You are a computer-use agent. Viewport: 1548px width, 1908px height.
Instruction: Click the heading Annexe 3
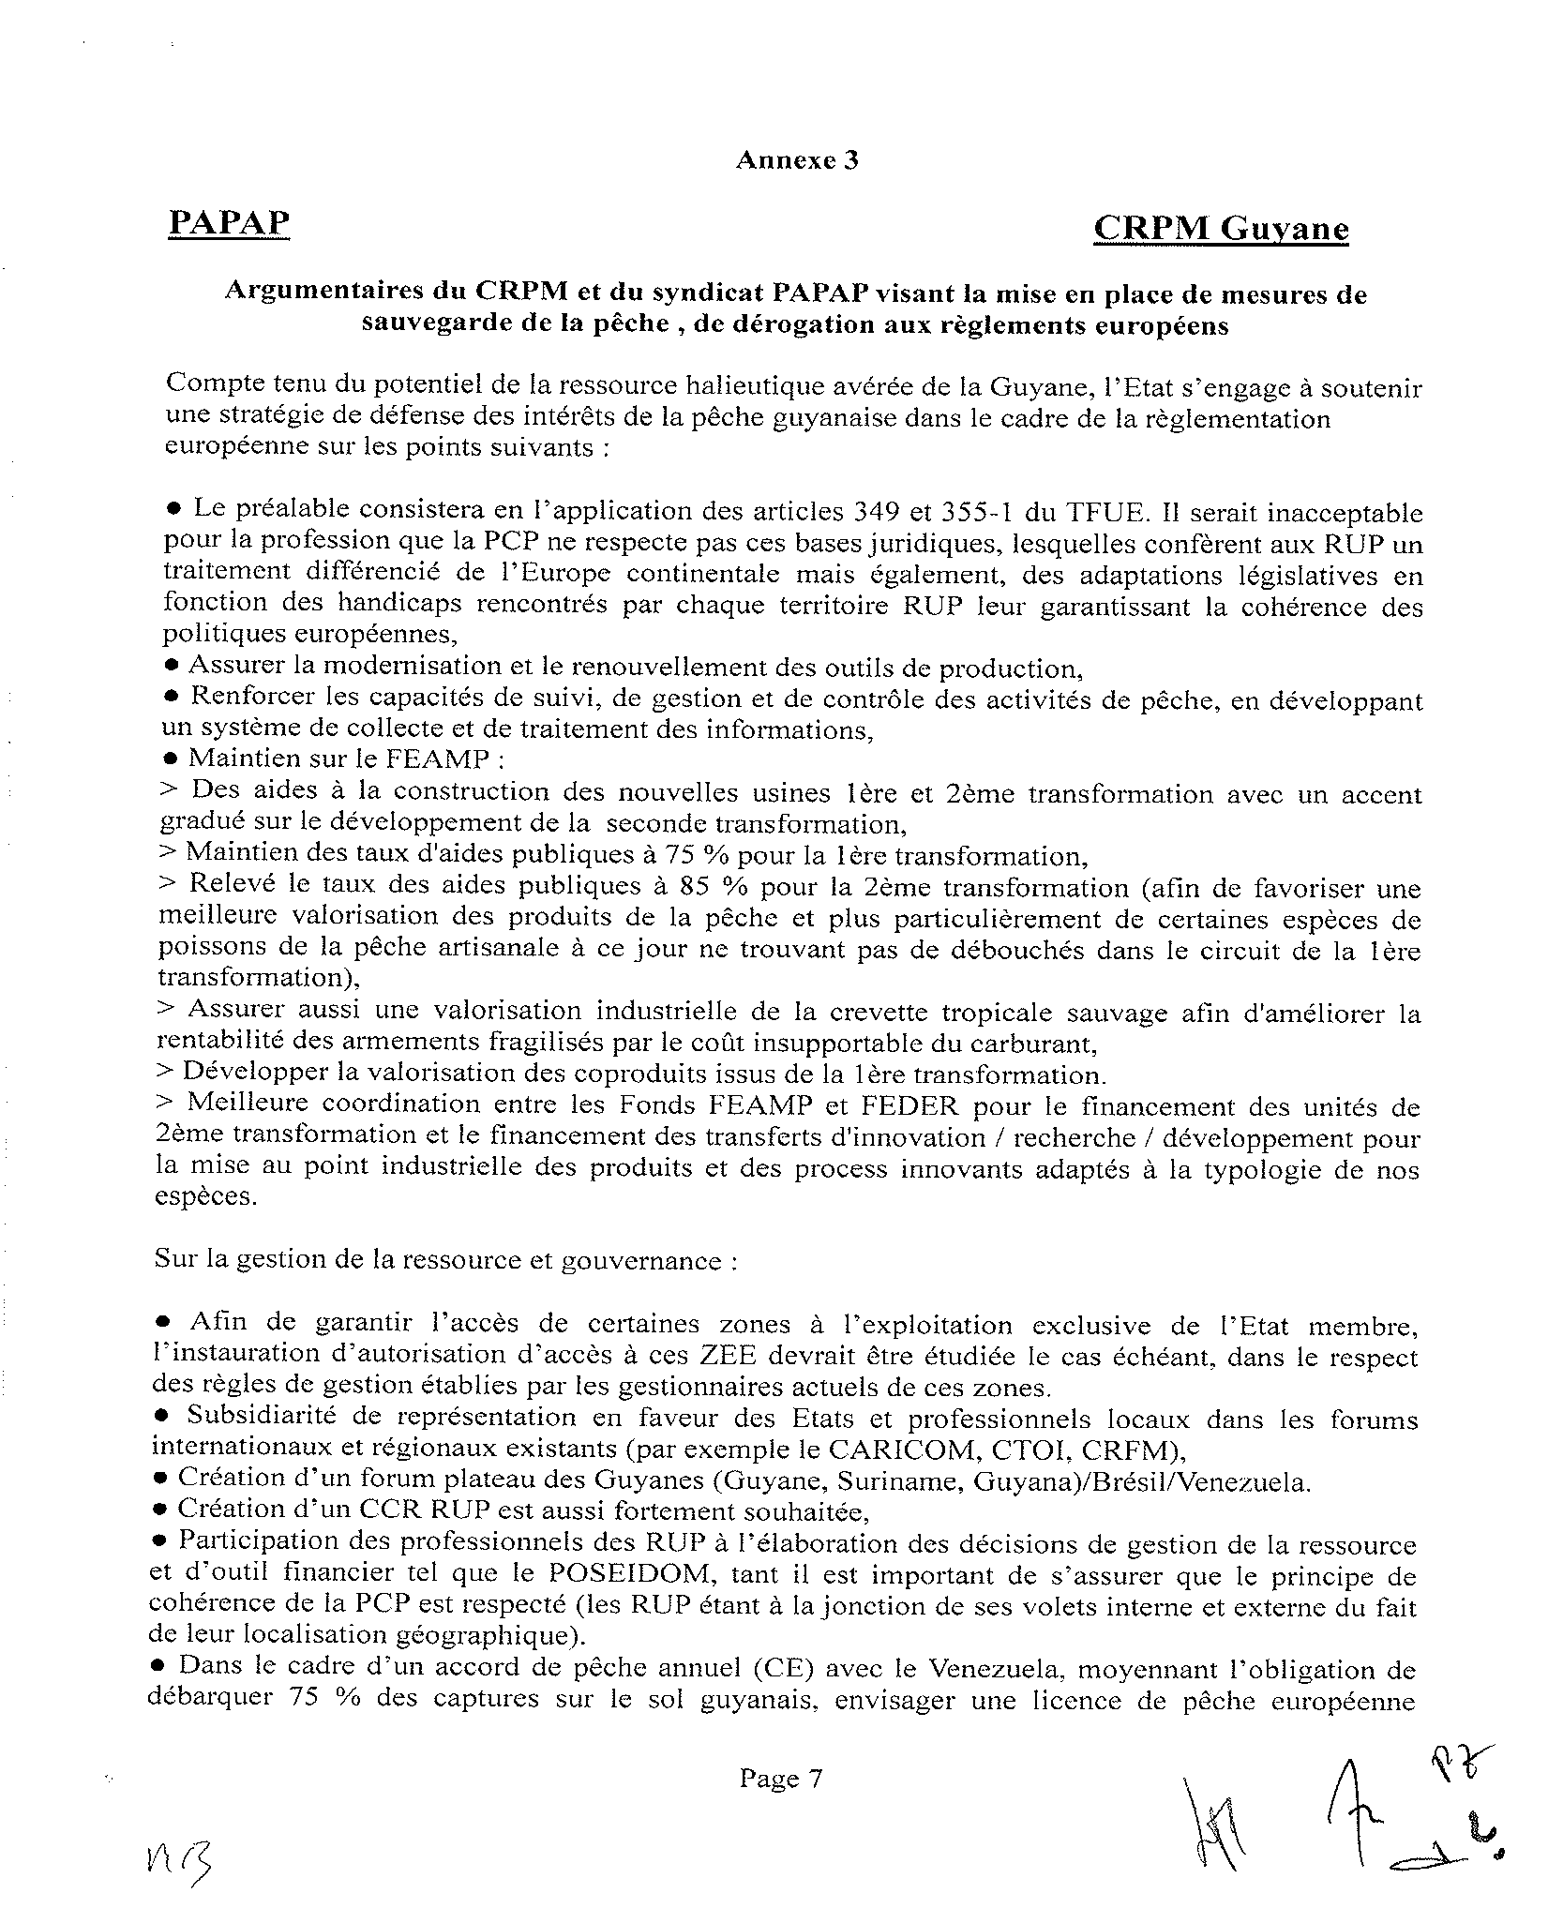click(797, 160)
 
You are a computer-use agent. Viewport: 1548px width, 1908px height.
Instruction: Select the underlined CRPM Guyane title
click(1221, 228)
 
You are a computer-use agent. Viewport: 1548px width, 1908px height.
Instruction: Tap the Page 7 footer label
click(780, 1778)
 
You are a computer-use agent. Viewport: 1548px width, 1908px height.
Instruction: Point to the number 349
click(876, 512)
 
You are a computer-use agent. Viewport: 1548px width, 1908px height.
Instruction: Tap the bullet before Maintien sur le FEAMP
click(171, 758)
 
